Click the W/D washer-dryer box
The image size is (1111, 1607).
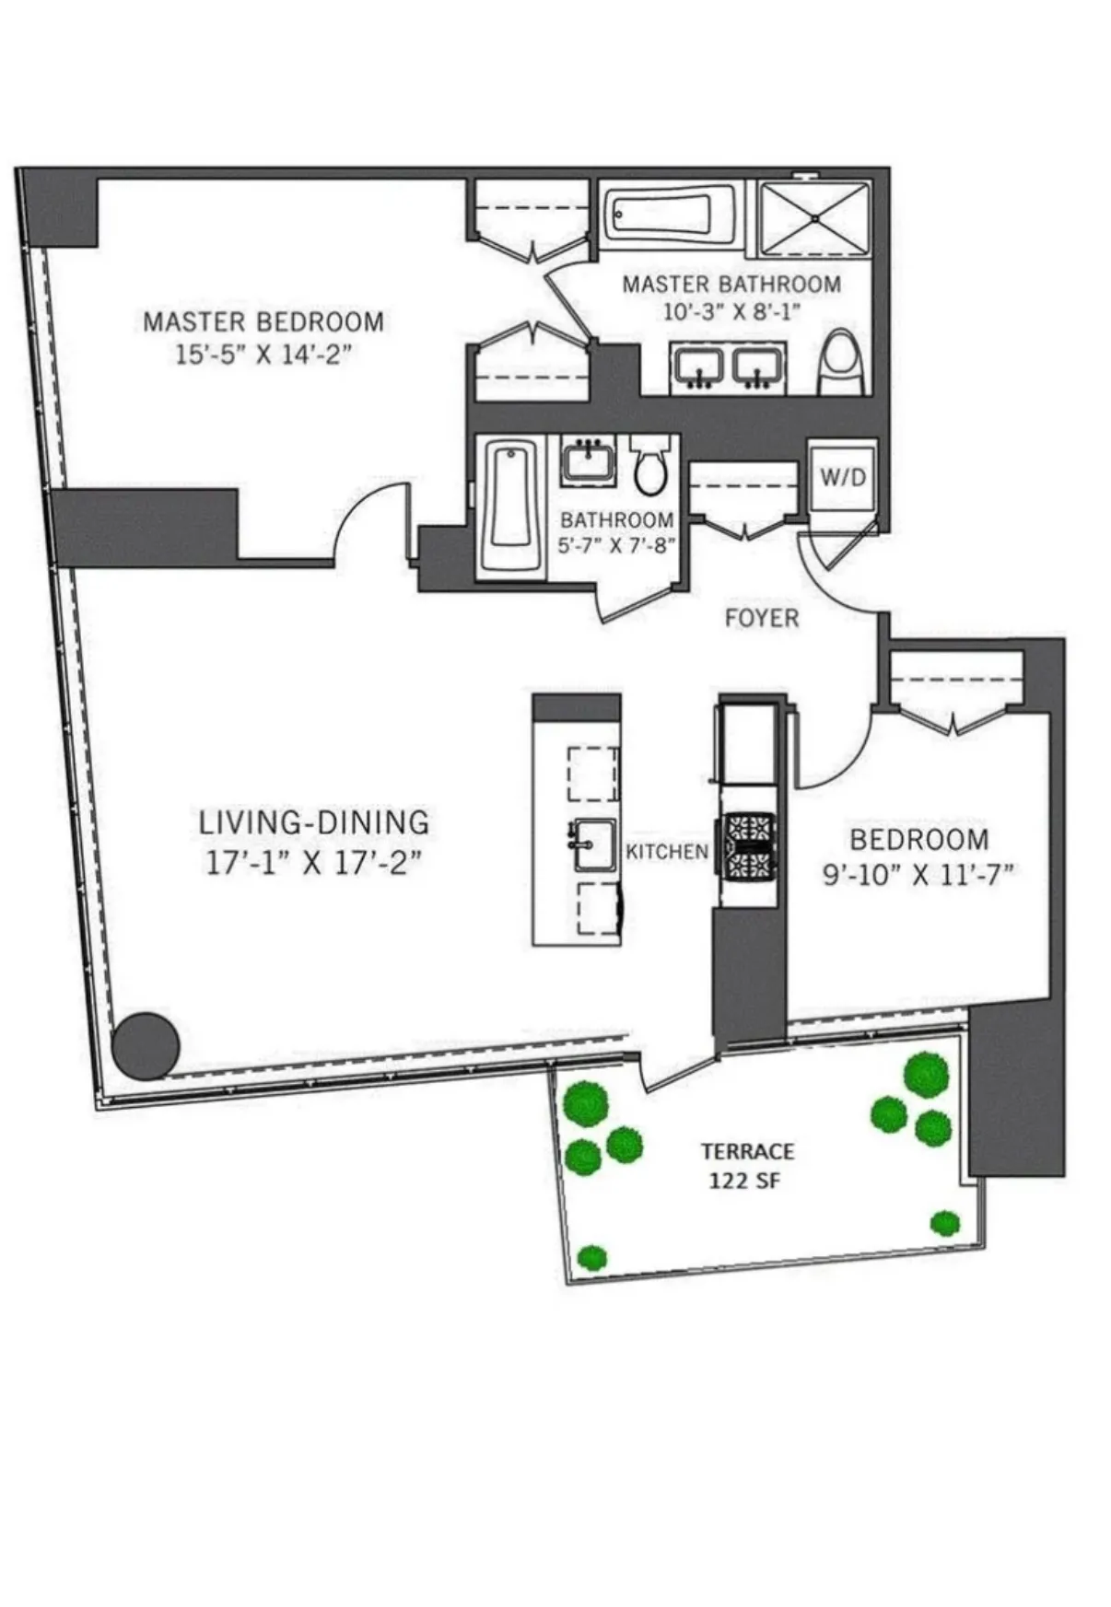coord(842,476)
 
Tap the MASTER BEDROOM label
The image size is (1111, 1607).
coord(263,321)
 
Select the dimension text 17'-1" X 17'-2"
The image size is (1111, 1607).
coord(312,863)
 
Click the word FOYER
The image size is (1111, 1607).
coord(762,618)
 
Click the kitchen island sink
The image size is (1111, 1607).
coord(593,844)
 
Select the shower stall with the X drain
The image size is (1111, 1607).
coord(814,219)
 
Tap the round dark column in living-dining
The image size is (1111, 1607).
coord(146,1045)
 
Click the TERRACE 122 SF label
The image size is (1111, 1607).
coord(747,1165)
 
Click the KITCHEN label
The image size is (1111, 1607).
coord(667,852)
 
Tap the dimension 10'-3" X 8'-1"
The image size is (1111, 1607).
coord(731,311)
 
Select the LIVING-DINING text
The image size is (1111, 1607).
coord(314,821)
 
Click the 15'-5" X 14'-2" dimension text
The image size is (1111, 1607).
coord(264,354)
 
